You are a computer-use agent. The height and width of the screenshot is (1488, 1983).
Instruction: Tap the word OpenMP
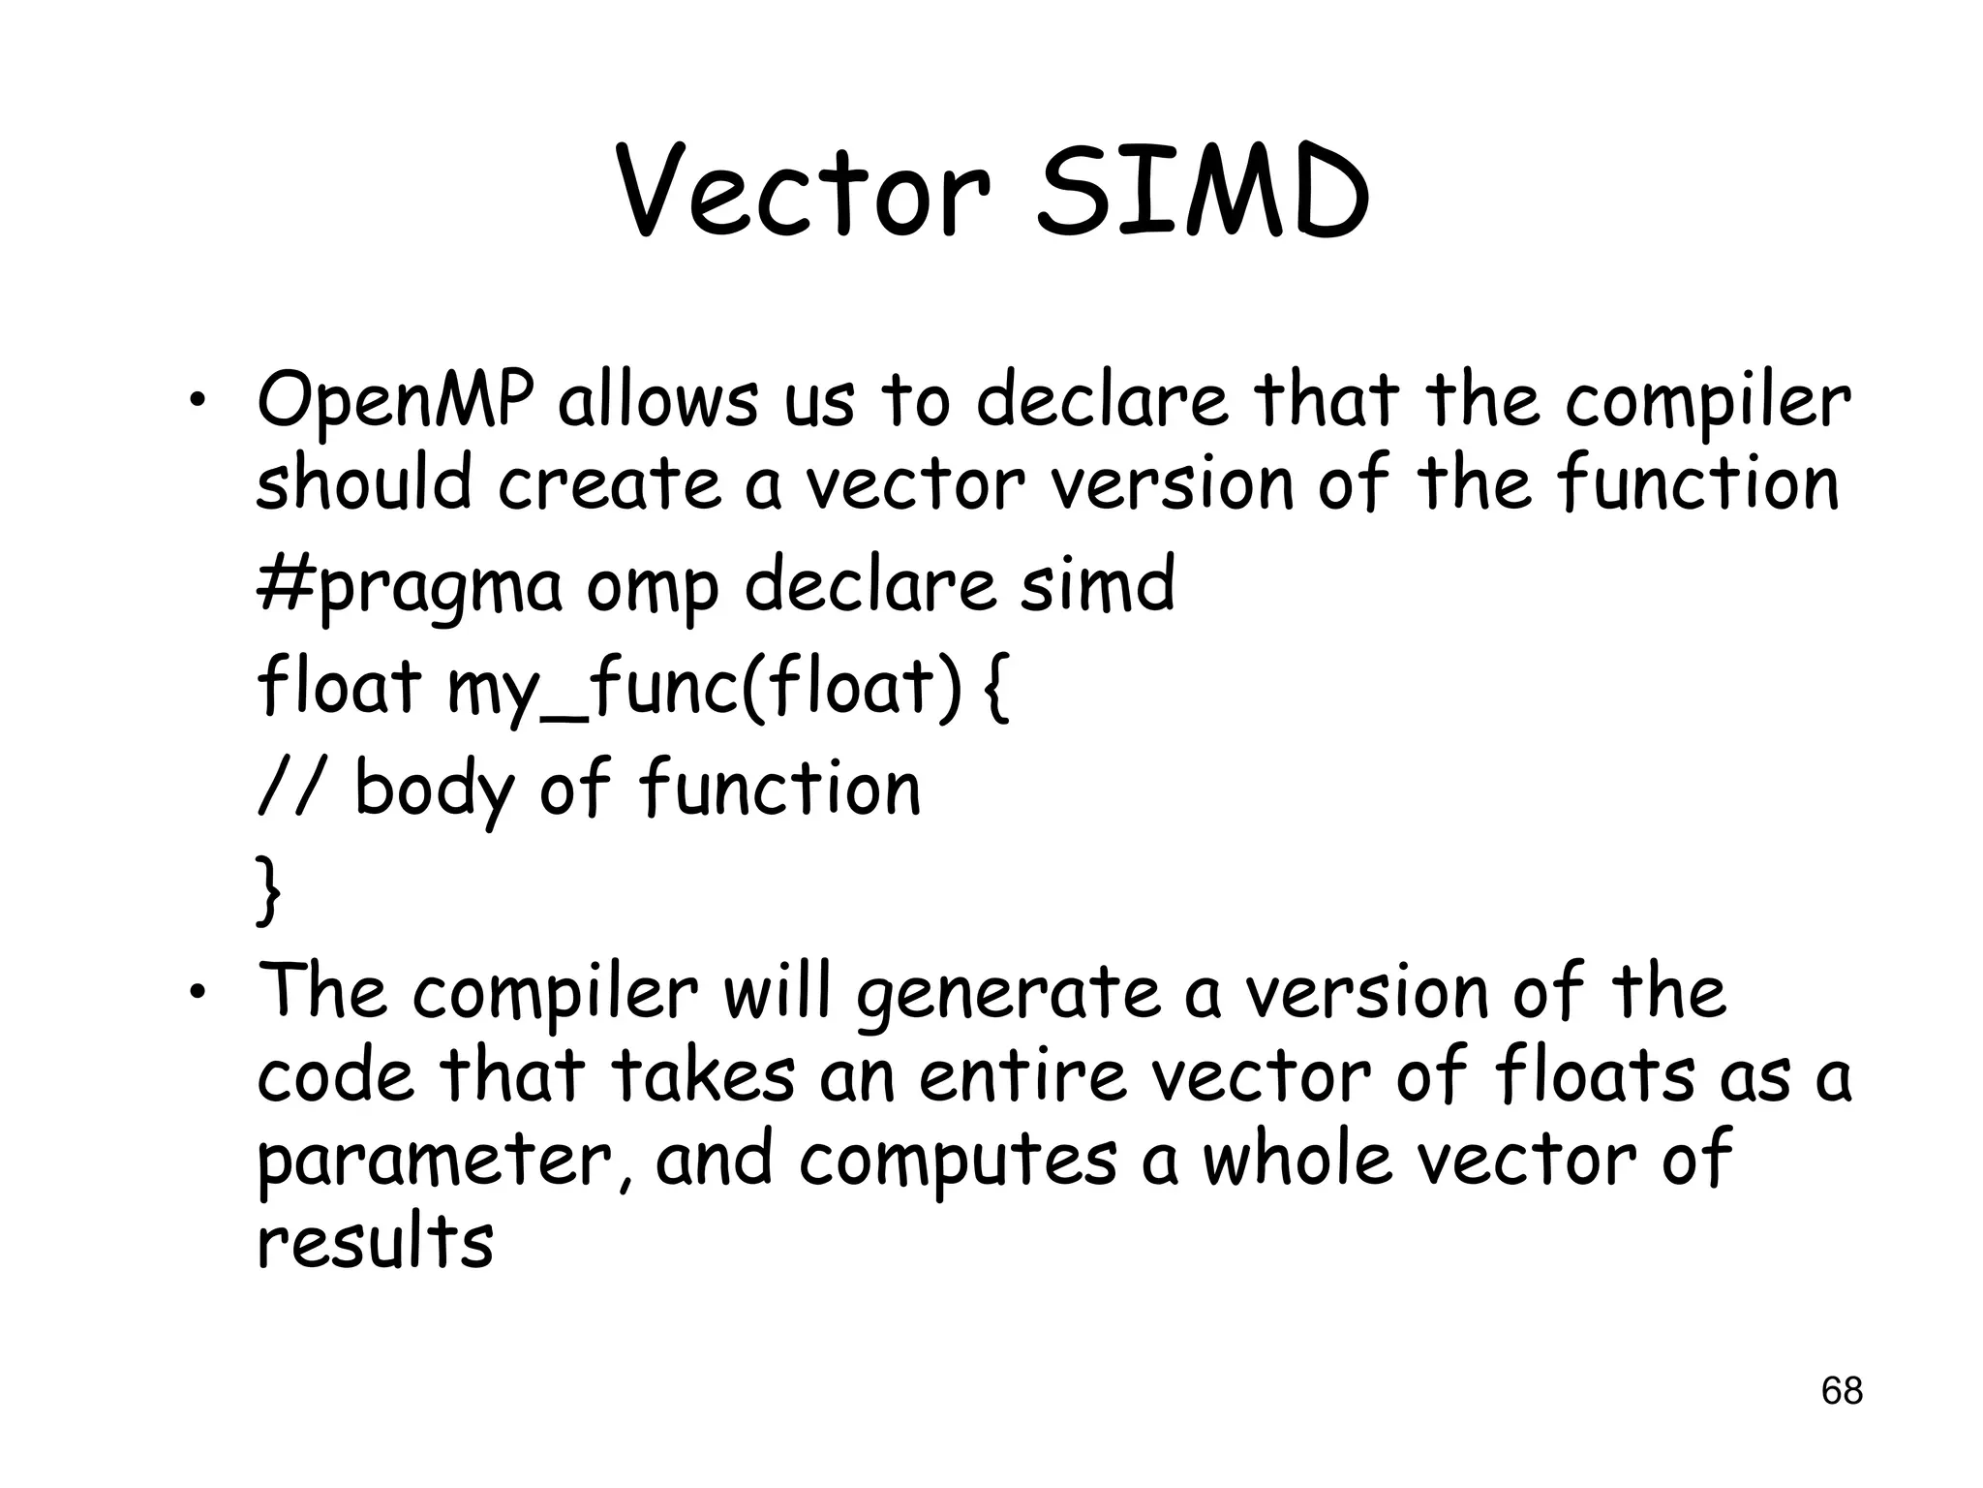[395, 402]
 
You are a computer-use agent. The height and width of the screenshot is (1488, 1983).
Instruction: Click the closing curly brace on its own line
[269, 889]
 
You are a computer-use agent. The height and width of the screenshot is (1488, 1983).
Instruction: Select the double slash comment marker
[290, 787]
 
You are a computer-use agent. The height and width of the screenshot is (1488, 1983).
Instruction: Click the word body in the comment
[435, 789]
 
